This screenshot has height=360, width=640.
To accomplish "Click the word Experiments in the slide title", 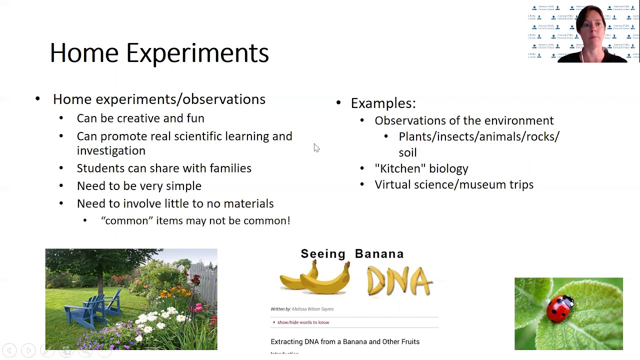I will click(197, 53).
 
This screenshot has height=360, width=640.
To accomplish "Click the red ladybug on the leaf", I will click(560, 308).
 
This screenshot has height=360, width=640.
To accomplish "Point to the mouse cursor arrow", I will click(316, 147).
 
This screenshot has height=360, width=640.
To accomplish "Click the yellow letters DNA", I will click(399, 281).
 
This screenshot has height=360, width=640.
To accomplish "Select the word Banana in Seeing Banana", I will click(379, 254).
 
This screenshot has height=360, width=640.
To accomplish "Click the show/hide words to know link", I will click(303, 322).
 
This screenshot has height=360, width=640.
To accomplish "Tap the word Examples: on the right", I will click(383, 103).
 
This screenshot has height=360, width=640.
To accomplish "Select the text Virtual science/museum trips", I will click(454, 185).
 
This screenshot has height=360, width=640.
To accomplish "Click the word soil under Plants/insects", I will click(407, 152).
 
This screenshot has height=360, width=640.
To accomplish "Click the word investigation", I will click(111, 151).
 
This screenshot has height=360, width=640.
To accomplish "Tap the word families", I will click(230, 168).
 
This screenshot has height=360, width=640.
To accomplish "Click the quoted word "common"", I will click(127, 221).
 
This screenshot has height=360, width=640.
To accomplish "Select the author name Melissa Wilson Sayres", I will click(312, 309).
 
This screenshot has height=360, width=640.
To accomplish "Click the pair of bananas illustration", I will click(315, 279).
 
